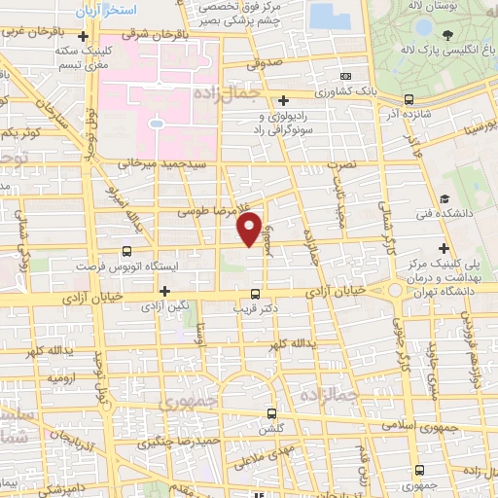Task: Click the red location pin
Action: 249,230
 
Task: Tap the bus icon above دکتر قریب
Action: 255,293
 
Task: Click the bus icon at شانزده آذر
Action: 409,98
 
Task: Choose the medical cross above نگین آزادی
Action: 164,290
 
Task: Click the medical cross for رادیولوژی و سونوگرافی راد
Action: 283,100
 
